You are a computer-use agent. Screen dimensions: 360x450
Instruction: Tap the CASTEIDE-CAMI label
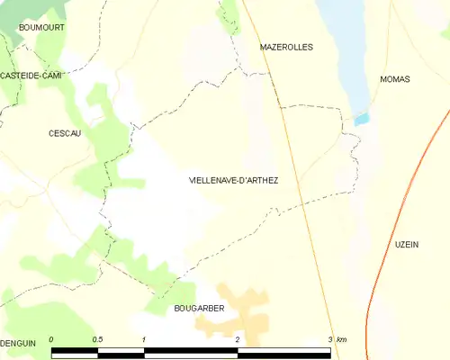coord(31,76)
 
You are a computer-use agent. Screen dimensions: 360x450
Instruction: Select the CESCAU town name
coord(65,133)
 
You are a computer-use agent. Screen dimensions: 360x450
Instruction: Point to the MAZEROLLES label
coord(285,47)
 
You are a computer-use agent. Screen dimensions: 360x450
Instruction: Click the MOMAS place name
coord(395,79)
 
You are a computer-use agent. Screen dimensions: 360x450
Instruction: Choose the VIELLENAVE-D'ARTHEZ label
coord(233,181)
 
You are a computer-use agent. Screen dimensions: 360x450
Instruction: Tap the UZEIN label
coord(407,244)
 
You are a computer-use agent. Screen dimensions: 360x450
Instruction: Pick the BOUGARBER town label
coord(198,308)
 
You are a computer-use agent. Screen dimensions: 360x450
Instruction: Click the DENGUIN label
coord(18,343)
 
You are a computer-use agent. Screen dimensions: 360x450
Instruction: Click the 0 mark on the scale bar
coord(51,338)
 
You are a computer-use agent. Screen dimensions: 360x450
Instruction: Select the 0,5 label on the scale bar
coord(97,338)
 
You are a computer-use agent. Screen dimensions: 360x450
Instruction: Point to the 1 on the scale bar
coord(144,338)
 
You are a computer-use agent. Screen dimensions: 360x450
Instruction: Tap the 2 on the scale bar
coord(237,338)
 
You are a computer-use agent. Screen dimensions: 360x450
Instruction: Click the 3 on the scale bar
coord(330,338)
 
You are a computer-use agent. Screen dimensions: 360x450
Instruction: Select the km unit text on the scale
coord(342,338)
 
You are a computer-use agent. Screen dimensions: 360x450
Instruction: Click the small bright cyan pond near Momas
coord(362,118)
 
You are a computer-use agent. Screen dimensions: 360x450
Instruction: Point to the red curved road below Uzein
coord(372,310)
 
